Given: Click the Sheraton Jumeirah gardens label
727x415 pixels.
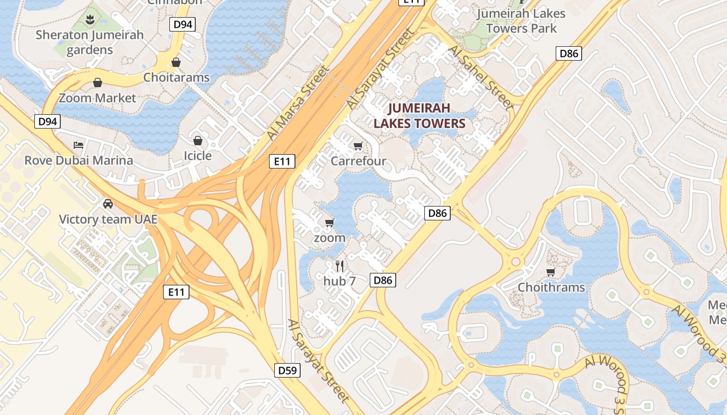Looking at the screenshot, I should point(90,43).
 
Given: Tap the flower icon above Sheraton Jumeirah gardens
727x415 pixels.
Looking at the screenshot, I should point(90,20).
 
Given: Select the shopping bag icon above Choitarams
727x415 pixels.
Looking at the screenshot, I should point(176,62).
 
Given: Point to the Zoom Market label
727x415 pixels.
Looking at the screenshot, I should point(97,98).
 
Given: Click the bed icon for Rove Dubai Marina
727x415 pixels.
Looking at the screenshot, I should point(78,145).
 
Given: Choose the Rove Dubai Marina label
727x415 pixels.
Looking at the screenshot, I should point(79,160).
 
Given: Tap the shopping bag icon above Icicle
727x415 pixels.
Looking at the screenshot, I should point(197,141).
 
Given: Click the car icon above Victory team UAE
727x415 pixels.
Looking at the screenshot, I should point(108,203).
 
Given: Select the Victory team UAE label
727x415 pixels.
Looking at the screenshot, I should point(108,219).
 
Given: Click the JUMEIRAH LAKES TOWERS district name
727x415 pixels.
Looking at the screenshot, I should point(420,116).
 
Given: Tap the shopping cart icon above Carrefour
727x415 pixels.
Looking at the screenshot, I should point(358,146).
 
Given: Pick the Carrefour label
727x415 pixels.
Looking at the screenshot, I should point(358,161).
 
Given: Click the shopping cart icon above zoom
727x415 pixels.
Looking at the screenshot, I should point(329,223).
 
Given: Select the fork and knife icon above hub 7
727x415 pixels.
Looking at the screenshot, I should point(340,266).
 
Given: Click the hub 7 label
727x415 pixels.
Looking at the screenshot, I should point(340,281).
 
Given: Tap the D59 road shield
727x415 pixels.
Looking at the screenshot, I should point(287,370).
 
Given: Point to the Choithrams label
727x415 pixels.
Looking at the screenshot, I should point(551,287).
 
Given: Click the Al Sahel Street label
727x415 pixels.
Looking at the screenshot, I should point(480,77).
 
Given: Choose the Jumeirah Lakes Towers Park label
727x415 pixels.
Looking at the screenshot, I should point(521,21).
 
